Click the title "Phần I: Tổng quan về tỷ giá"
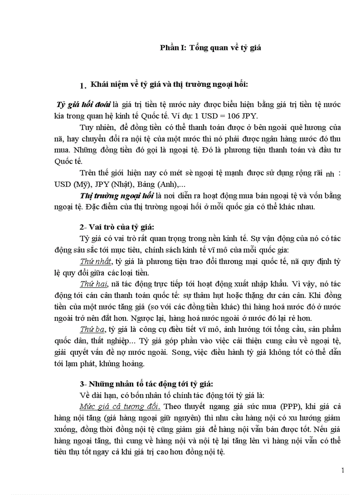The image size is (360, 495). point(210,48)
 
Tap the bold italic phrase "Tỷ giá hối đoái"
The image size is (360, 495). point(83,104)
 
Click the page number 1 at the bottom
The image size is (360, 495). point(343,470)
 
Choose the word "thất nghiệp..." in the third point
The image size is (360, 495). point(114,341)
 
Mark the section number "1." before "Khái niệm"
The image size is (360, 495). point(82,85)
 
